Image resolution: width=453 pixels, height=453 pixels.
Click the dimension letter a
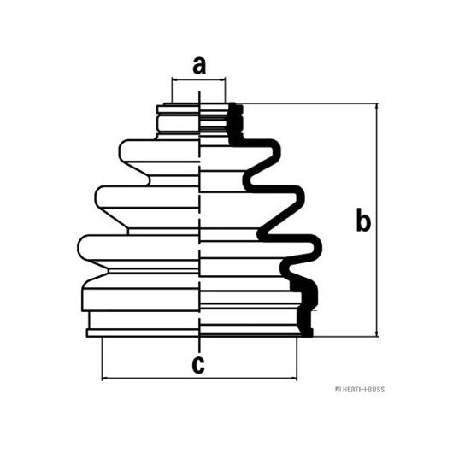tap(199, 66)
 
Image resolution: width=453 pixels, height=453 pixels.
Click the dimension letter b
tap(363, 220)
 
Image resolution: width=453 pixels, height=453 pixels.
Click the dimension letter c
tap(198, 365)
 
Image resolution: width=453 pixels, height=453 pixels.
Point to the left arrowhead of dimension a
tap(174, 79)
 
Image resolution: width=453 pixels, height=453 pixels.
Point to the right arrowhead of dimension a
tap(222, 79)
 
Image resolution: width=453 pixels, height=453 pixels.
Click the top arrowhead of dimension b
tap(377, 106)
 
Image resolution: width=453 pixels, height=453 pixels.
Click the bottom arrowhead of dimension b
tap(377, 333)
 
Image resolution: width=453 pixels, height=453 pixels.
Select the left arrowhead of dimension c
tap(105, 378)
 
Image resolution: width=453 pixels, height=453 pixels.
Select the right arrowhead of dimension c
tap(294, 378)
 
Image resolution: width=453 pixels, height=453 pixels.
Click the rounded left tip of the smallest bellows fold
tap(120, 150)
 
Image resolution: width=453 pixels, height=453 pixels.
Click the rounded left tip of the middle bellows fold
tap(96, 197)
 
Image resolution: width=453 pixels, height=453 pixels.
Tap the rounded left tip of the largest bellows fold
tap(79, 248)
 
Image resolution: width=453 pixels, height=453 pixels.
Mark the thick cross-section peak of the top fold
tap(278, 150)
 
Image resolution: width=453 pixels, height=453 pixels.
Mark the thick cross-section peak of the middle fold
tap(302, 197)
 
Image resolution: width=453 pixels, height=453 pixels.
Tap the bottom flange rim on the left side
tap(143, 333)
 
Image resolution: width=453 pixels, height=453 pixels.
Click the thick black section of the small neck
tap(235, 124)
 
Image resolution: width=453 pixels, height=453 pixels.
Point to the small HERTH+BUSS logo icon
tap(338, 390)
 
